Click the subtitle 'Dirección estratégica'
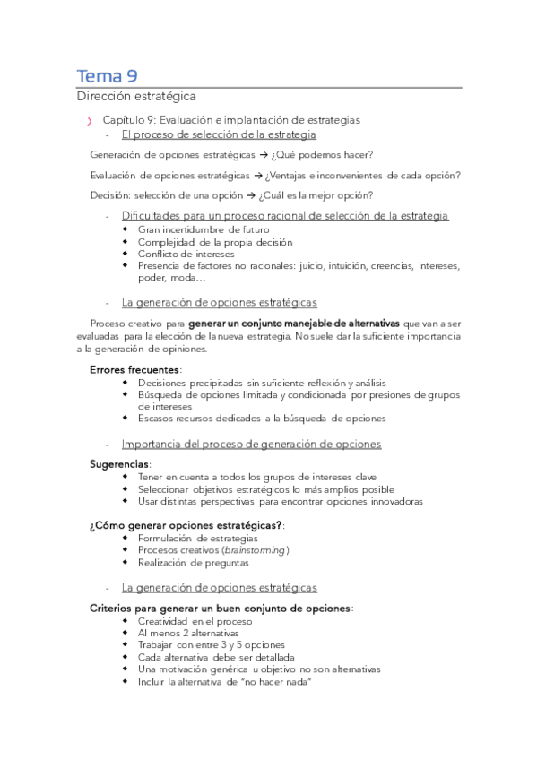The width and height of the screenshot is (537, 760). [135, 96]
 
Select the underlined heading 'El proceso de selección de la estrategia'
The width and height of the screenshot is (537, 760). [219, 134]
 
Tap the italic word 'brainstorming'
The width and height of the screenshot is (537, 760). [256, 549]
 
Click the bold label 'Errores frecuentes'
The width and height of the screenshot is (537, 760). [134, 369]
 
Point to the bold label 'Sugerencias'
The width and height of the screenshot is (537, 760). [119, 464]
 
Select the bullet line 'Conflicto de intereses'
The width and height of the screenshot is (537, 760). [186, 254]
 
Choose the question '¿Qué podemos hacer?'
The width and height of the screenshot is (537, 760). [322, 154]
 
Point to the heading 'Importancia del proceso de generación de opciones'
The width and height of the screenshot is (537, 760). [251, 444]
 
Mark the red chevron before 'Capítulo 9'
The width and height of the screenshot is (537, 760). [88, 120]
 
